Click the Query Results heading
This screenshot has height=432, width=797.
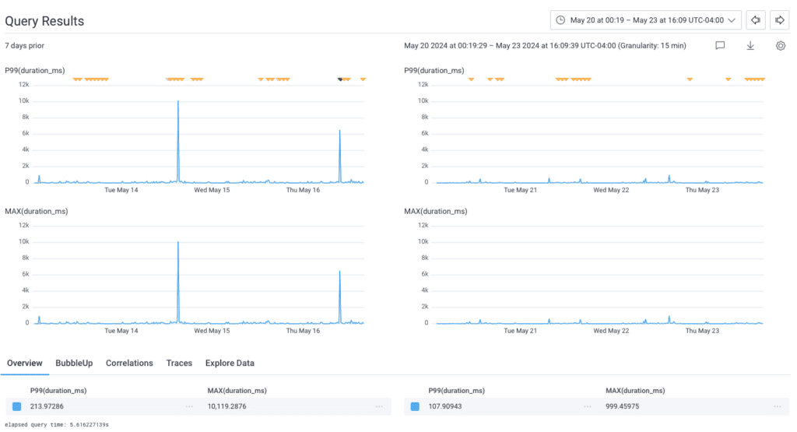point(44,21)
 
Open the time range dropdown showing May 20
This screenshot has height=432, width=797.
point(645,20)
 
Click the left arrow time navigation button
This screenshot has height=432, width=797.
point(755,20)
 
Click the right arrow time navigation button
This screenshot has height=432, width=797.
point(780,20)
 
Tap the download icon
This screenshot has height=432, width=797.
point(750,46)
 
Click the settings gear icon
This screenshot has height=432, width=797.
point(781,46)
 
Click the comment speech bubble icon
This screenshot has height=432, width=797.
point(720,46)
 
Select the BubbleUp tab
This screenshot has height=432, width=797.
point(74,364)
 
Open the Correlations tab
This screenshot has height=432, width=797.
point(129,364)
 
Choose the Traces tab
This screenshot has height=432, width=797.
point(179,364)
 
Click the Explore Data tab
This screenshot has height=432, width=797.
point(230,364)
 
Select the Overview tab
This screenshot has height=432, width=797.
point(25,364)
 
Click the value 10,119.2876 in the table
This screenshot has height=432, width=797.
point(232,406)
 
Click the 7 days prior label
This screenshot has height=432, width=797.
point(25,46)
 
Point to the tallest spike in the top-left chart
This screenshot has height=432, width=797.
point(178,102)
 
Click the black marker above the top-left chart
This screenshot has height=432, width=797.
point(339,79)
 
